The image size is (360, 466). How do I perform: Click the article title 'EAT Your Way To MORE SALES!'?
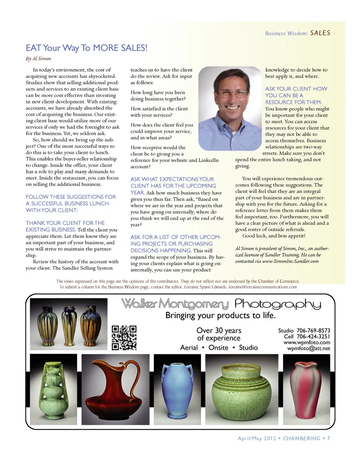[87, 48]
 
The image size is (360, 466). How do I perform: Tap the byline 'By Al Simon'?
[38, 59]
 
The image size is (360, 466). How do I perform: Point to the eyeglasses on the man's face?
[228, 93]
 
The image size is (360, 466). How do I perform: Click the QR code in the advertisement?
[124, 337]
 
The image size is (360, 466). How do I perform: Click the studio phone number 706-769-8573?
[313, 331]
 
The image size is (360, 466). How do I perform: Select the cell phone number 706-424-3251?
[313, 337]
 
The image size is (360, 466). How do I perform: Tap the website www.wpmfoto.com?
[307, 343]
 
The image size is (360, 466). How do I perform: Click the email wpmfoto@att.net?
[309, 348]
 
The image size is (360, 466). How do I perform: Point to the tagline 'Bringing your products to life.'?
[220, 316]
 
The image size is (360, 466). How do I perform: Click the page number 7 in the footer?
[328, 438]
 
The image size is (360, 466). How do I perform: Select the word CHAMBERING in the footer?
[301, 438]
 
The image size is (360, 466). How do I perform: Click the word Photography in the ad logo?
[277, 304]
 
